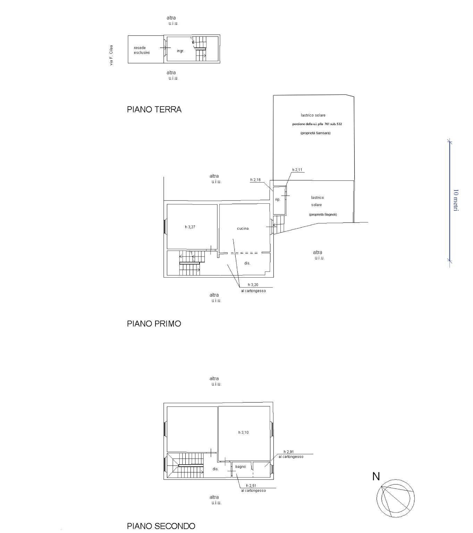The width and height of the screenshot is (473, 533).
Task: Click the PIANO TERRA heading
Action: (x=154, y=109)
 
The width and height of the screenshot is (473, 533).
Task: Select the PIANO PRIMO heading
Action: (x=154, y=324)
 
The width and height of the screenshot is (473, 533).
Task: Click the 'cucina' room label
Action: (x=243, y=228)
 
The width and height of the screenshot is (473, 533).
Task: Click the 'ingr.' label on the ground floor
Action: (x=180, y=51)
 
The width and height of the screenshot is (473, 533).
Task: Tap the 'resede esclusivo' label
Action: (x=142, y=50)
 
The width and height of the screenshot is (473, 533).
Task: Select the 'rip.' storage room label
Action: (x=278, y=200)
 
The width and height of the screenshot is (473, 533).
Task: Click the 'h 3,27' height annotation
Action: (x=190, y=227)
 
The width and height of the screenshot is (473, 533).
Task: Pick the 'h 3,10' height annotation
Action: (x=243, y=432)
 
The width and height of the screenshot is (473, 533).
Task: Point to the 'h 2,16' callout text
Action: (x=255, y=180)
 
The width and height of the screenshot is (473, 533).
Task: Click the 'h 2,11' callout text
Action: (x=297, y=170)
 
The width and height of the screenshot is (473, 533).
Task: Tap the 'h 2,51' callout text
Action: (x=251, y=486)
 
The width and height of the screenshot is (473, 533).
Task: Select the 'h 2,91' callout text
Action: (x=289, y=452)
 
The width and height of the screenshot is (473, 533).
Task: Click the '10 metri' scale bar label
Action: (x=456, y=200)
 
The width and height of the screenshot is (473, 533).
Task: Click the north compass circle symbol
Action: (x=395, y=499)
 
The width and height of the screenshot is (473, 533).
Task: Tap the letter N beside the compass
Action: (x=376, y=476)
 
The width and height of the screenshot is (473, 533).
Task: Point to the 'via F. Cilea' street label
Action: (x=111, y=55)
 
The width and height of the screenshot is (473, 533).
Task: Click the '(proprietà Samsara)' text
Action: (x=315, y=133)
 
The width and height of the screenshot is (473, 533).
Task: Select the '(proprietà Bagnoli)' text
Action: (x=323, y=214)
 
